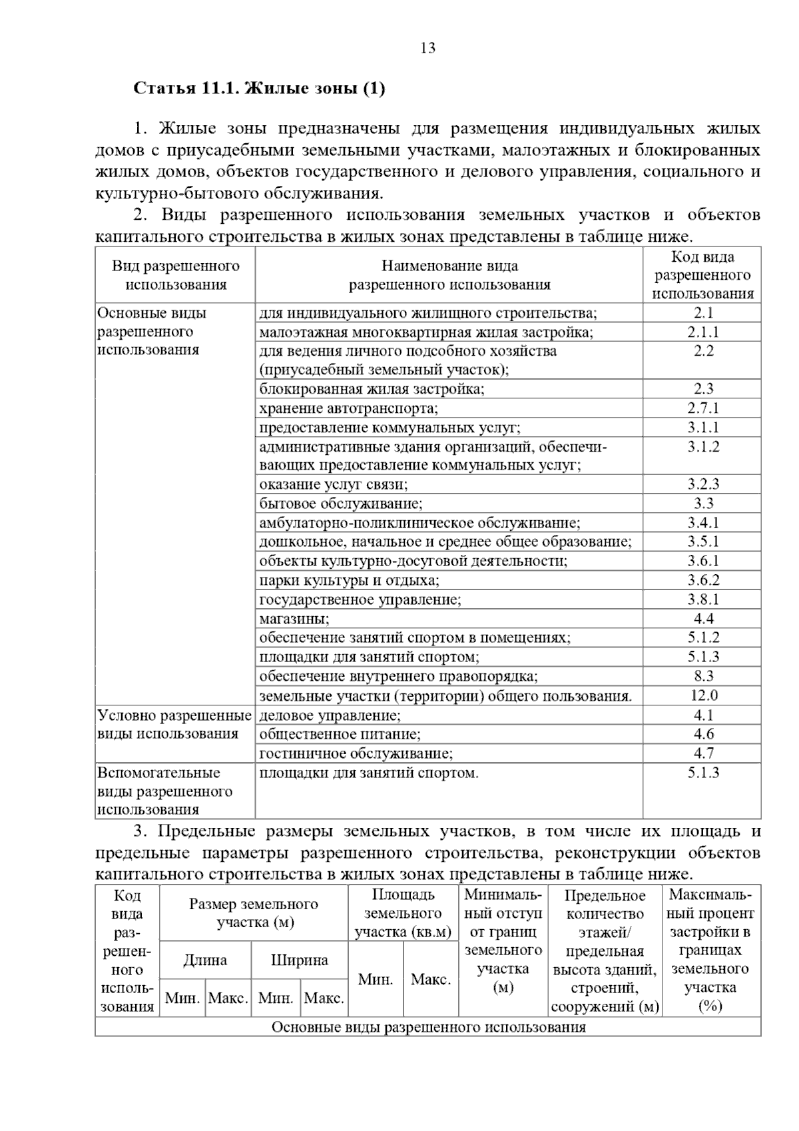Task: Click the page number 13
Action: [x=428, y=48]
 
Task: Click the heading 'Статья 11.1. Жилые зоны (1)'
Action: [x=259, y=89]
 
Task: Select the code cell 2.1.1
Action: [x=703, y=332]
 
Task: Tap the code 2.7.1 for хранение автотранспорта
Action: [x=703, y=408]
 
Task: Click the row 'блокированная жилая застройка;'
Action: [x=372, y=390]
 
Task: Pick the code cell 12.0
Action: [x=703, y=696]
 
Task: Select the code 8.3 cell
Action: [x=703, y=677]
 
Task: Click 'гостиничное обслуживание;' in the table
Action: [x=356, y=754]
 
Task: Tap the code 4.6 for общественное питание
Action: [x=703, y=735]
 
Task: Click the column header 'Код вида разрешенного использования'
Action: [x=702, y=275]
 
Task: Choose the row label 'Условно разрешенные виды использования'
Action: [x=174, y=725]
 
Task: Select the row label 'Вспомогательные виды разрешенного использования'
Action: [x=165, y=791]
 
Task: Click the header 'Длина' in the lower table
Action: [x=205, y=960]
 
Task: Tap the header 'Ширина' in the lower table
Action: [x=299, y=960]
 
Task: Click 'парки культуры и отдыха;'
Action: [x=349, y=581]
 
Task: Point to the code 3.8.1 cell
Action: [x=703, y=600]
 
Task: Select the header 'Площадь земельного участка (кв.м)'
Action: [x=402, y=914]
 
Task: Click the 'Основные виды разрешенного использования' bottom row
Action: [x=428, y=1027]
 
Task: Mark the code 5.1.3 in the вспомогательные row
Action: [x=703, y=773]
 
